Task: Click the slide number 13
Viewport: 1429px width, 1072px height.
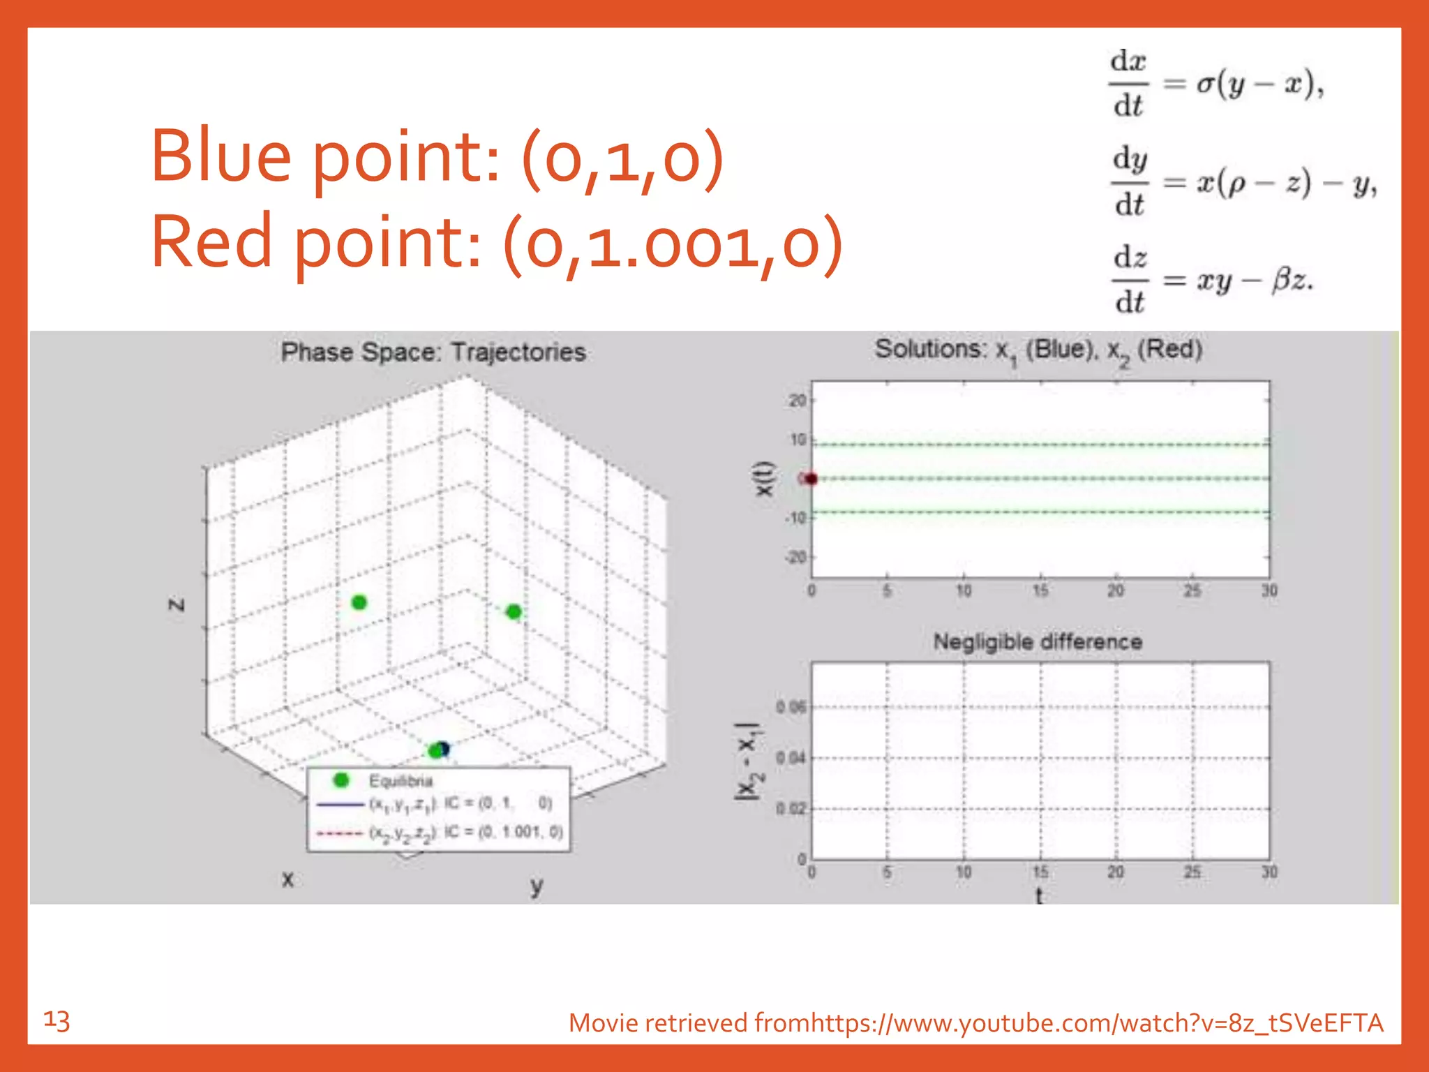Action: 57,1021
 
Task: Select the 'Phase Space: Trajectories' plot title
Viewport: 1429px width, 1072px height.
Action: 433,352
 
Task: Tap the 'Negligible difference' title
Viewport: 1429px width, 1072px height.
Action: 1038,642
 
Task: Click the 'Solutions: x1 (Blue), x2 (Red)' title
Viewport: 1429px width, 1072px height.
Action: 1038,350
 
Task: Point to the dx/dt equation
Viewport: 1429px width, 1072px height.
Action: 1215,84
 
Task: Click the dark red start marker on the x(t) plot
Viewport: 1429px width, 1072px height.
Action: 810,479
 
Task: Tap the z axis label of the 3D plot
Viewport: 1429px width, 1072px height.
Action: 177,604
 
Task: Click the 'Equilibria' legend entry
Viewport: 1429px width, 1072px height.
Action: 401,781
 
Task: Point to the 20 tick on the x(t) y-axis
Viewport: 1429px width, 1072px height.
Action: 797,401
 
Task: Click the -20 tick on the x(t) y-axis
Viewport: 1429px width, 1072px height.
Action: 795,557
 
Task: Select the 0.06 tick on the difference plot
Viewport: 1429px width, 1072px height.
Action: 791,708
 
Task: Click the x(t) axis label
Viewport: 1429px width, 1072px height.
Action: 765,479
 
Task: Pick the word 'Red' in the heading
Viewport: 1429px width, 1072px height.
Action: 211,241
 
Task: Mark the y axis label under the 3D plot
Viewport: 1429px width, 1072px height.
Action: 536,885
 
